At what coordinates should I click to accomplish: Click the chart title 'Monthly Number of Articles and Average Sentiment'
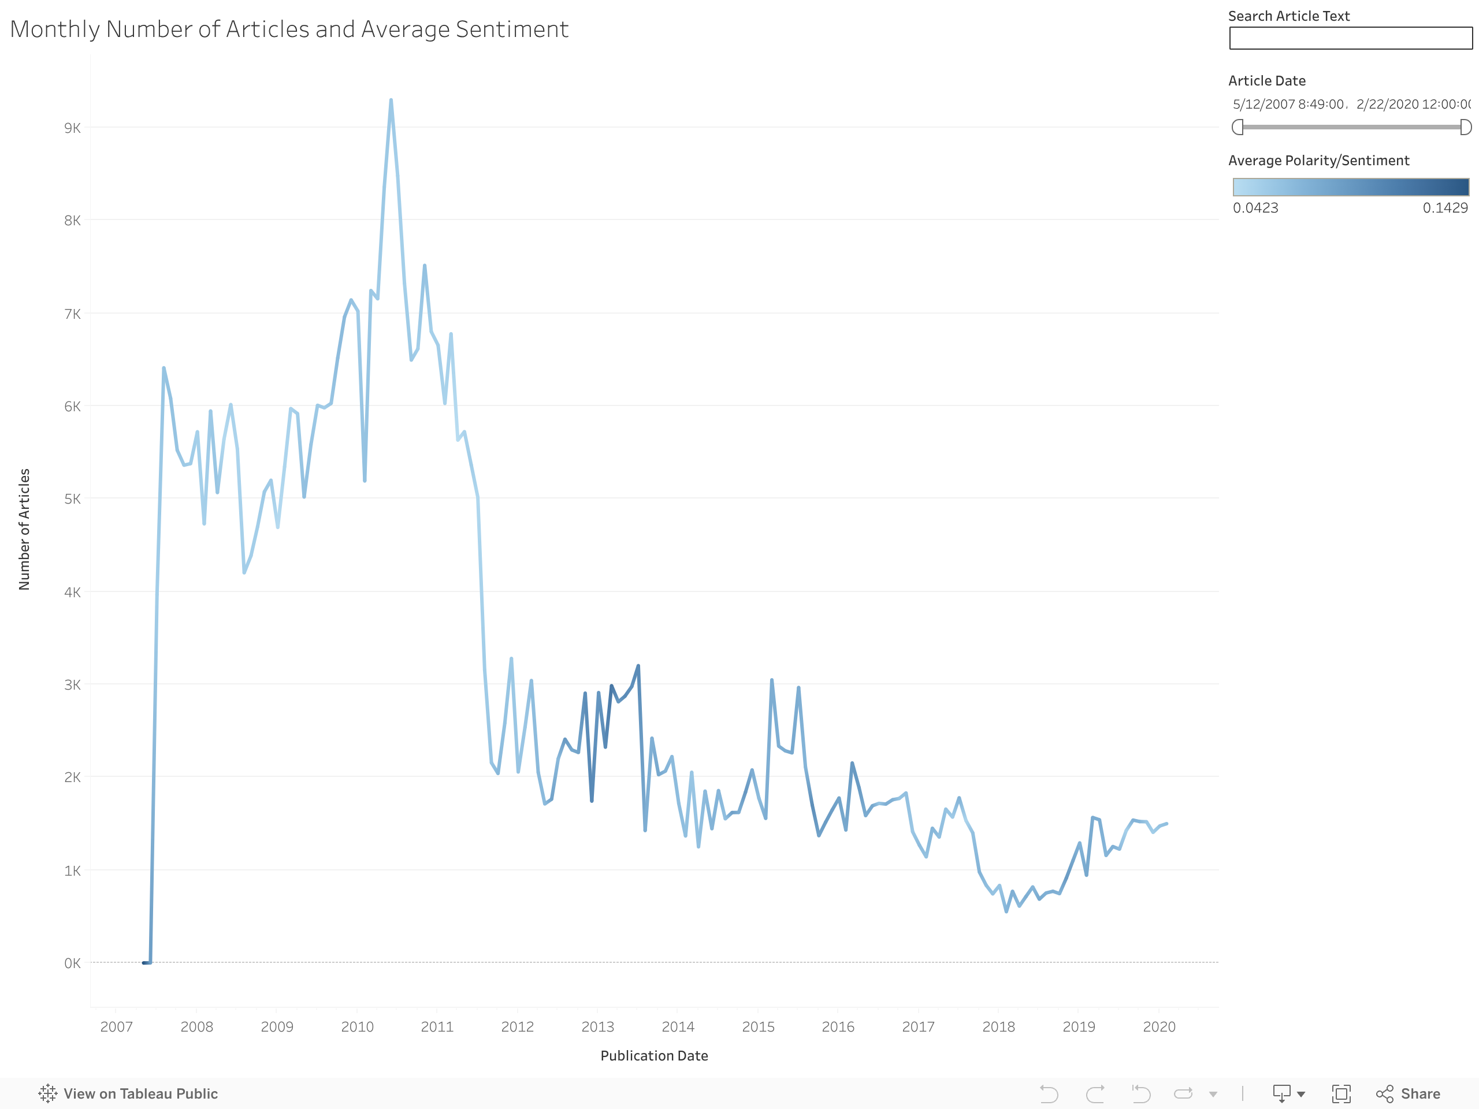pyautogui.click(x=289, y=29)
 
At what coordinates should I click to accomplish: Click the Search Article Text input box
pyautogui.click(x=1350, y=38)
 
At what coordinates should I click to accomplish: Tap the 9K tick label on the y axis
pyautogui.click(x=72, y=128)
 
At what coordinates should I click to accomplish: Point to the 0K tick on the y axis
pyautogui.click(x=72, y=963)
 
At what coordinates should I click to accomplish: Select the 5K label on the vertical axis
pyautogui.click(x=72, y=498)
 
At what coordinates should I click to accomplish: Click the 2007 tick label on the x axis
pyautogui.click(x=116, y=1027)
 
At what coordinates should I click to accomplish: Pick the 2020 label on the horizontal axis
pyautogui.click(x=1159, y=1027)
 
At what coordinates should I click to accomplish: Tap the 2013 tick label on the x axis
pyautogui.click(x=597, y=1027)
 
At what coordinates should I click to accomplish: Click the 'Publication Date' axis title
pyautogui.click(x=654, y=1055)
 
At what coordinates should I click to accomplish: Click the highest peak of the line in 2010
pyautogui.click(x=391, y=101)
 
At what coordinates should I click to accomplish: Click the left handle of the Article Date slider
pyautogui.click(x=1238, y=127)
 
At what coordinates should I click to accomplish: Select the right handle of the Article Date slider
pyautogui.click(x=1466, y=127)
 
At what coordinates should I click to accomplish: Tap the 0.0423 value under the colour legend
pyautogui.click(x=1255, y=208)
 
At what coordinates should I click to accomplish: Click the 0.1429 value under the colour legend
pyautogui.click(x=1445, y=208)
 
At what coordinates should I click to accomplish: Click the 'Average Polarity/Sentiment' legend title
pyautogui.click(x=1318, y=161)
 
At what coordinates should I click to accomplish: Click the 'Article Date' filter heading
pyautogui.click(x=1266, y=81)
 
